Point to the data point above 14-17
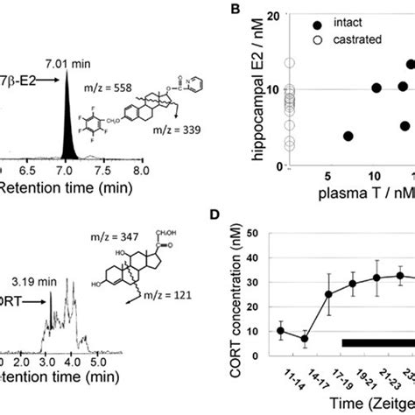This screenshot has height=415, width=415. click(x=304, y=339)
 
